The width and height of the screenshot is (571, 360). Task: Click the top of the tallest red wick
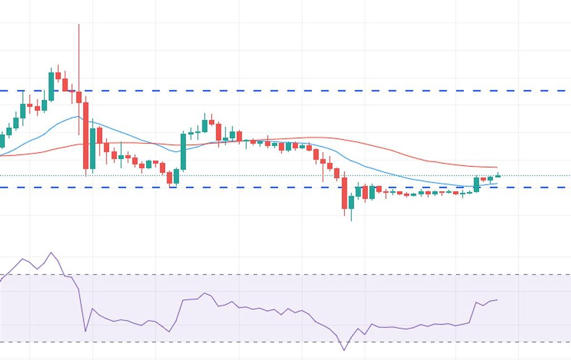click(x=79, y=25)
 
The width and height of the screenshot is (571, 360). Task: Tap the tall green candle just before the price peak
click(x=51, y=86)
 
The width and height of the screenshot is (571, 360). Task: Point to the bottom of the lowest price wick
click(x=351, y=220)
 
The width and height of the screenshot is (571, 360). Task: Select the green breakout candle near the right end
click(x=477, y=184)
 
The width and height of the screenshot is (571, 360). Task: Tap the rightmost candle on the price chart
click(x=498, y=176)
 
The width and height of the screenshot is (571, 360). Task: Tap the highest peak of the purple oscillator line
click(x=51, y=252)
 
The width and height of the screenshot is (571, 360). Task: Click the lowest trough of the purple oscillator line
click(x=343, y=350)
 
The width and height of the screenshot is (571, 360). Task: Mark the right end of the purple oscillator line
click(x=497, y=300)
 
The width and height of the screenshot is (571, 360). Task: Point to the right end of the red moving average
click(x=497, y=167)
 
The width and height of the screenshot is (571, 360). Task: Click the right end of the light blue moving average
click(x=497, y=183)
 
